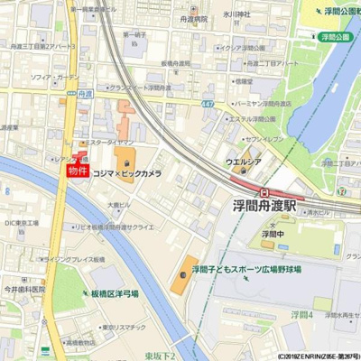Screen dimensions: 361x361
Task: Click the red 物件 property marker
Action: pos(79,169)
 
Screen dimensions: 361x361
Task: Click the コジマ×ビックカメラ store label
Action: pos(127,172)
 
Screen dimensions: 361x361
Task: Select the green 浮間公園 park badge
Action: pos(334,37)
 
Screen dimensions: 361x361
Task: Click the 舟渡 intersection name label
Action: pos(85,93)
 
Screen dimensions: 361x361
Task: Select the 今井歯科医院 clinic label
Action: pos(23,290)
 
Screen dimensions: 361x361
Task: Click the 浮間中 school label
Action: pos(267,233)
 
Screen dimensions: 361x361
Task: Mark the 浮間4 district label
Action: pos(301,315)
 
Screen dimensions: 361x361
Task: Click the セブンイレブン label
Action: pos(264,139)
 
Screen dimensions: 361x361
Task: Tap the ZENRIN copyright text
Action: pos(316,356)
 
